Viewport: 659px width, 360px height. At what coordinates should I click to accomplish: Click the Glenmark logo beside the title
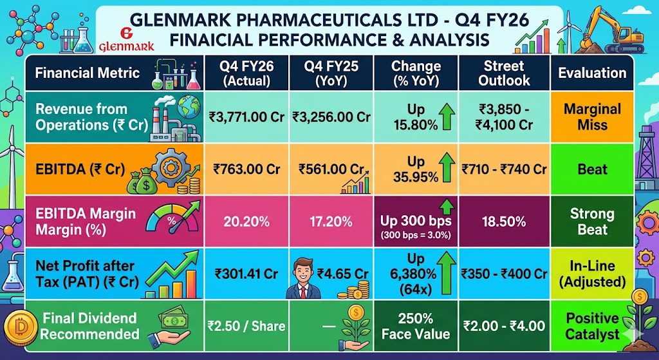127,40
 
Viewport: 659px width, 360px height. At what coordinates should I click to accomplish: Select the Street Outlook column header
504,73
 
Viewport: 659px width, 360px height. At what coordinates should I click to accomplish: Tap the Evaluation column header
592,73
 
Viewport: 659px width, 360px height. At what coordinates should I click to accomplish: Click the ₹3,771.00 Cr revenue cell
246,117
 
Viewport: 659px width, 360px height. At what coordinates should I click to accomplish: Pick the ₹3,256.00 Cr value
331,117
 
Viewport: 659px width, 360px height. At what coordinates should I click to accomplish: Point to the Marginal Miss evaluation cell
592,117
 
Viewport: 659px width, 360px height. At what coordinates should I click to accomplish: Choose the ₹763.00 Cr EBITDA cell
246,169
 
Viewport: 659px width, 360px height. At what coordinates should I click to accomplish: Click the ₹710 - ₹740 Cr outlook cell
504,169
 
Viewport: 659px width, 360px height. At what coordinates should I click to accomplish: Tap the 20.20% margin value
246,222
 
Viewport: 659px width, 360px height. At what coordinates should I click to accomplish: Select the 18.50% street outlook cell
504,222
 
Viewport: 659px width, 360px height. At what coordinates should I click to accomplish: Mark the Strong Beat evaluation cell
592,222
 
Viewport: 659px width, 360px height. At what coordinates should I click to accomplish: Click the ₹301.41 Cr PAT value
246,274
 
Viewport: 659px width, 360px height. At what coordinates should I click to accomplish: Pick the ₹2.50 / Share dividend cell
246,326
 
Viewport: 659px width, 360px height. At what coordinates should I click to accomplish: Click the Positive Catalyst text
592,327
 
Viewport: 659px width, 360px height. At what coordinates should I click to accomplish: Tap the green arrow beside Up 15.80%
447,117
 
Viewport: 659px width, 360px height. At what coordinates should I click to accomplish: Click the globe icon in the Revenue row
189,108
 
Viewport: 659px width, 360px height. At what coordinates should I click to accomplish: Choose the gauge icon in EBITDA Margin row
172,220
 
